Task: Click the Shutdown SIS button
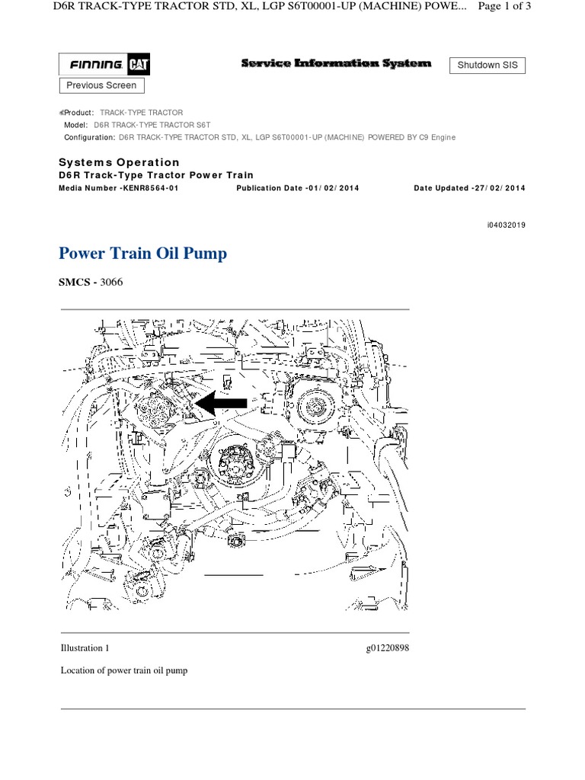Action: tap(487, 66)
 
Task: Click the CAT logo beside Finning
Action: tap(140, 66)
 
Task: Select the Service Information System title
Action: tap(336, 64)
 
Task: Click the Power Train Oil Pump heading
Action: tap(142, 254)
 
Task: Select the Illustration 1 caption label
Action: tap(85, 648)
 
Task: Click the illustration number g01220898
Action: tap(387, 648)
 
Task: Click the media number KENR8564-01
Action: tap(149, 188)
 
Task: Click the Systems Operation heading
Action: tap(119, 162)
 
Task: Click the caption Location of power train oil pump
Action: tap(123, 671)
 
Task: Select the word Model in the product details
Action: tap(77, 124)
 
